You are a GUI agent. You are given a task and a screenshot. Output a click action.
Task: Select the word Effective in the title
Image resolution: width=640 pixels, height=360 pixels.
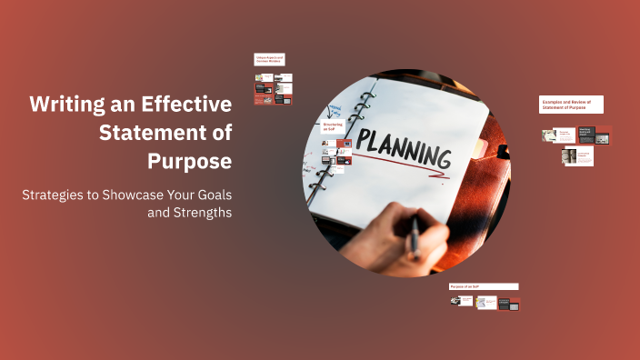[x=186, y=104]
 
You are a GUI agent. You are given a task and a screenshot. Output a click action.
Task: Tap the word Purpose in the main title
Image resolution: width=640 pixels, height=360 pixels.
[x=189, y=161]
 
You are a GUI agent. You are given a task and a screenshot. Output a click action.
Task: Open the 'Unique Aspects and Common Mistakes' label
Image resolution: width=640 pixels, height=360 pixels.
[x=270, y=59]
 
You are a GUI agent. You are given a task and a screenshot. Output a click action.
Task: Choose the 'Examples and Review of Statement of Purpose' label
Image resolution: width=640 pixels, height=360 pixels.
[x=571, y=104]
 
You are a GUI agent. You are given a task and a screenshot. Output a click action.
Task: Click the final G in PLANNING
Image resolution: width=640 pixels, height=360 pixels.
[x=442, y=160]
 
